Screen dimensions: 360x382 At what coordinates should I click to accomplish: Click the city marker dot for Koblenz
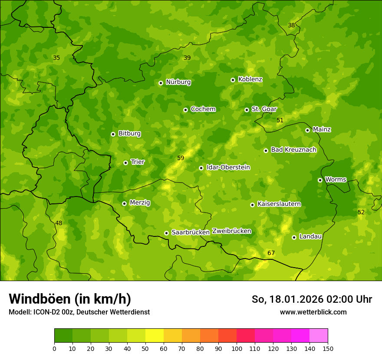(233, 80)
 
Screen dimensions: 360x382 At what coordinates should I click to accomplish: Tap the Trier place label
(138, 162)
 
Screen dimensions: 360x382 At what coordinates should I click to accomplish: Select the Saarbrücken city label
(191, 232)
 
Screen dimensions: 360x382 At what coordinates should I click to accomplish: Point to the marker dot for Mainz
(307, 130)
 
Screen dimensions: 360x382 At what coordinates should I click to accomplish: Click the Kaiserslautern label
(279, 204)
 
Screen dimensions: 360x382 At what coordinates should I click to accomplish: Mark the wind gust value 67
(271, 253)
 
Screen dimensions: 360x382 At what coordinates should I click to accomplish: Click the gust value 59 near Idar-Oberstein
(181, 158)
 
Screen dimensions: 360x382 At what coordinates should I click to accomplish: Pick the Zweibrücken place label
(231, 231)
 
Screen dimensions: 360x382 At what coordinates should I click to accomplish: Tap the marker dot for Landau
(294, 237)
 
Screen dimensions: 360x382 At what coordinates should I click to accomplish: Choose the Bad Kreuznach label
(293, 150)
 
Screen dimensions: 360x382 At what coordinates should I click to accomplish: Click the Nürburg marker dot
(161, 83)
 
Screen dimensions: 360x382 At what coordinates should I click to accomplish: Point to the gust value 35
(56, 58)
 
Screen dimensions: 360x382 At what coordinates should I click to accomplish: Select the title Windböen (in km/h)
(70, 299)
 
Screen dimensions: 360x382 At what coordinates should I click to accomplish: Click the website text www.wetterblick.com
(313, 312)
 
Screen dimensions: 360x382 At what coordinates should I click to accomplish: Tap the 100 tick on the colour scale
(237, 348)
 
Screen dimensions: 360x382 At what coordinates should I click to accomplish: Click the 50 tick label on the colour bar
(145, 348)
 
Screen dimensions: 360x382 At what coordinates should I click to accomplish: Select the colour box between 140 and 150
(319, 336)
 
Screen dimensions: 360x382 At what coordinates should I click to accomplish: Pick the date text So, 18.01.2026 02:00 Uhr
(312, 299)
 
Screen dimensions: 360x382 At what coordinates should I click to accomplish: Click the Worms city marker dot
(320, 180)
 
